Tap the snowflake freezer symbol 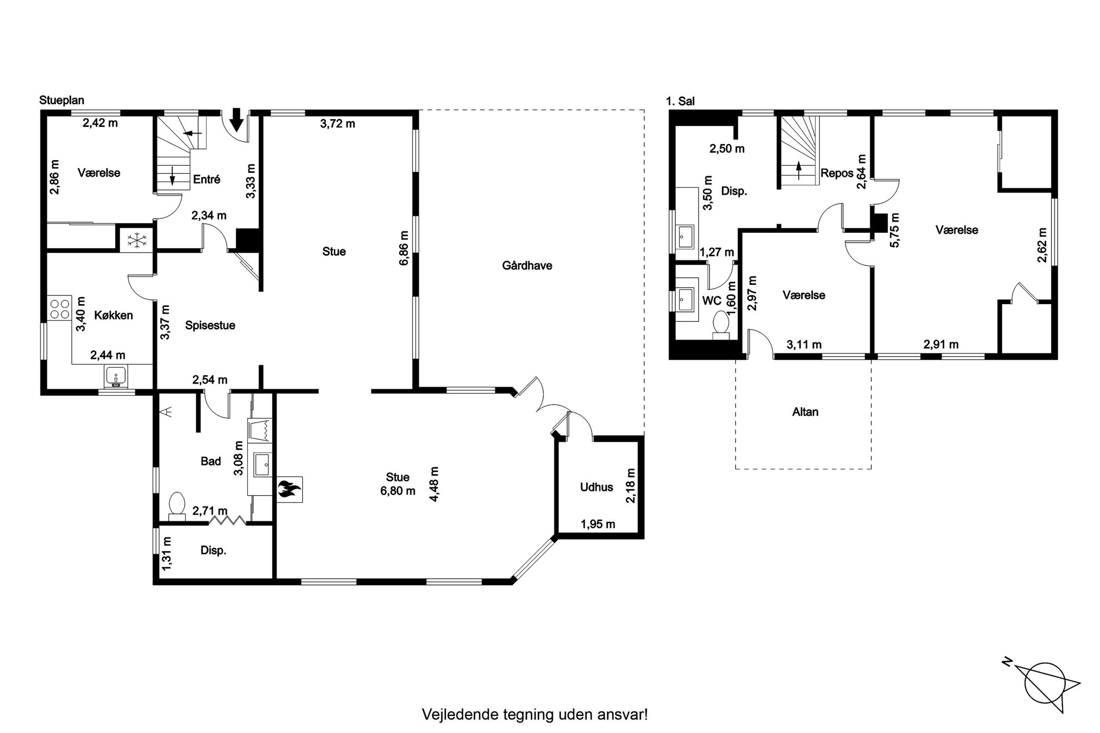point(136,240)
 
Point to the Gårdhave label point(527,266)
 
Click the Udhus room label point(597,488)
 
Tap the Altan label point(805,412)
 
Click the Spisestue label point(210,326)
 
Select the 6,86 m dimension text point(404,248)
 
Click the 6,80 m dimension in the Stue point(398,491)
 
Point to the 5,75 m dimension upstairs point(894,230)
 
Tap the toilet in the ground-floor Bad point(177,506)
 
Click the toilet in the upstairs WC point(721,324)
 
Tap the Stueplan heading point(62,100)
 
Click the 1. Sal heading point(680,101)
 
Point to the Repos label point(837,173)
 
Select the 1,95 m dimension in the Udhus point(598,524)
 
